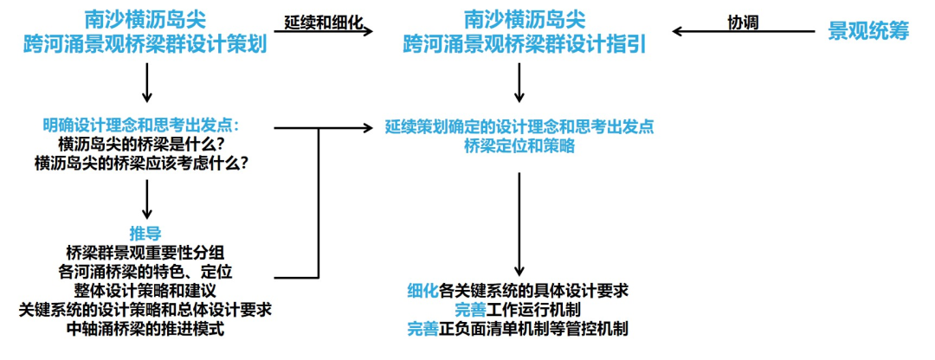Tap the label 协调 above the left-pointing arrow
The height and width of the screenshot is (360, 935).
point(743,22)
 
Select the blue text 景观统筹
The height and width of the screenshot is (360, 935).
point(868,31)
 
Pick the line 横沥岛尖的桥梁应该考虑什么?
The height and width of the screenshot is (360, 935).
point(145,162)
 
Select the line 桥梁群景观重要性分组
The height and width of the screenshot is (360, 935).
point(145,253)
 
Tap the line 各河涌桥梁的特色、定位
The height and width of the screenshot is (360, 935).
point(145,272)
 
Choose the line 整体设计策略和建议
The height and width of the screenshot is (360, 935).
point(145,291)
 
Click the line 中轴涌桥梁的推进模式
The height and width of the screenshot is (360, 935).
point(145,329)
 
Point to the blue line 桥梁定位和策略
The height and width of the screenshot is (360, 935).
point(519,145)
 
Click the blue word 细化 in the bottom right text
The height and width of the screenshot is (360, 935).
point(423,290)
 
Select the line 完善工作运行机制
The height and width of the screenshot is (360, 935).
point(518,309)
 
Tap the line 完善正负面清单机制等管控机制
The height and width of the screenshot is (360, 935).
point(518,328)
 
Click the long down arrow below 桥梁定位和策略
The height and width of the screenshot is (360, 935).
point(519,225)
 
